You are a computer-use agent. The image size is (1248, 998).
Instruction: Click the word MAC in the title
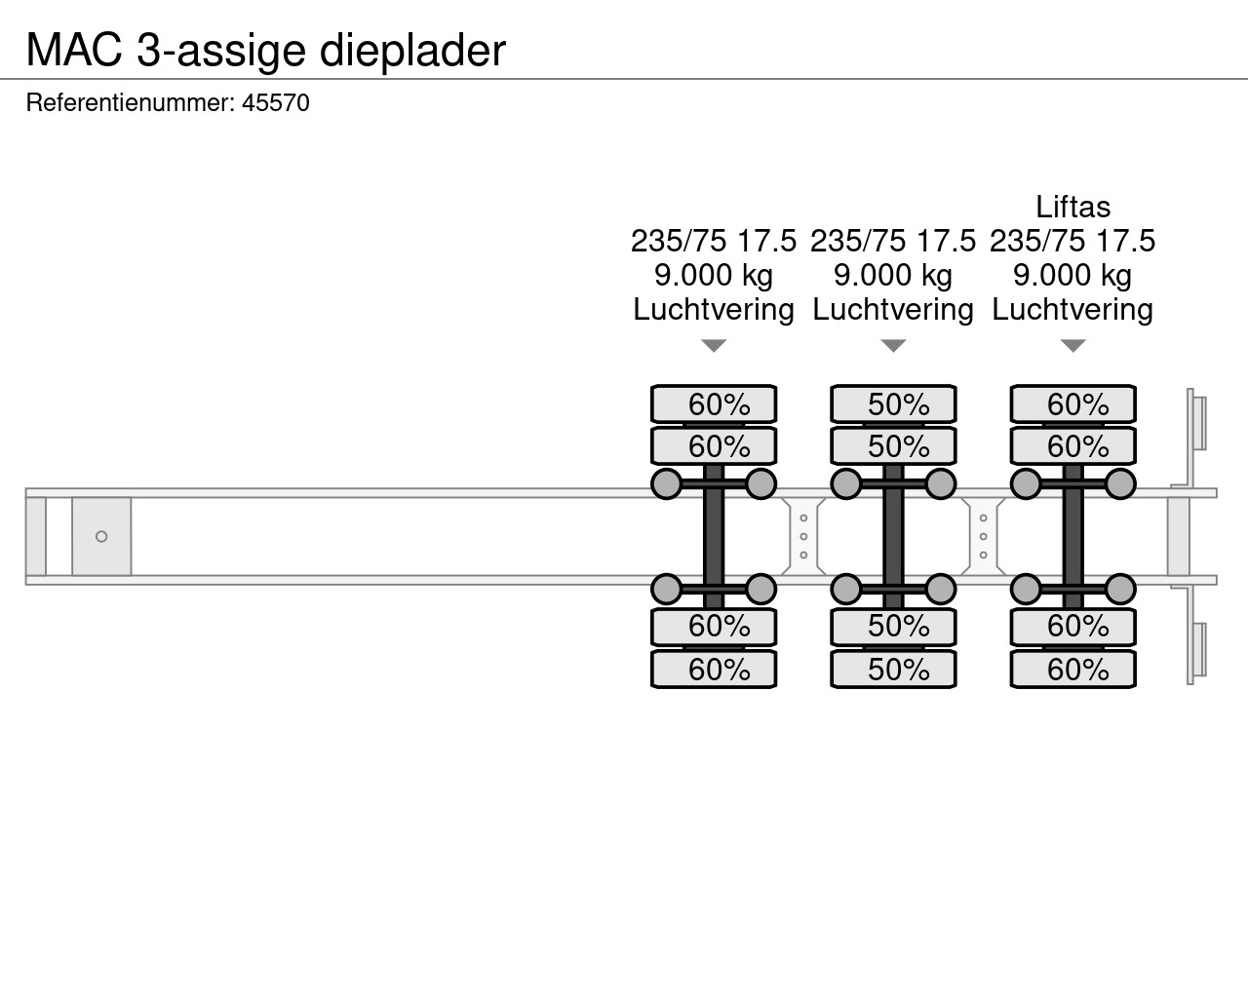click(74, 50)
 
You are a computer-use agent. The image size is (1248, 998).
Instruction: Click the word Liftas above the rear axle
click(1072, 207)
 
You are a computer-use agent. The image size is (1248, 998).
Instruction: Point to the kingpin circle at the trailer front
click(101, 536)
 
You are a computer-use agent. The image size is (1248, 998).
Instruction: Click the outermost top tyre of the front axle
click(714, 403)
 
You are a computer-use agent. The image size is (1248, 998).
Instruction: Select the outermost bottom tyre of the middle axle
click(893, 670)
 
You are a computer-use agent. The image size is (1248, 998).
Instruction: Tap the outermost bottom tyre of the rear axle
click(1072, 670)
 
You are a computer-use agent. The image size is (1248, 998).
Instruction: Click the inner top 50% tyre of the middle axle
click(893, 446)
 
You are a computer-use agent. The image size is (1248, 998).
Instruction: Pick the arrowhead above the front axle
click(714, 346)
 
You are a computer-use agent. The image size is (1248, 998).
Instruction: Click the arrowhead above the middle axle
click(893, 346)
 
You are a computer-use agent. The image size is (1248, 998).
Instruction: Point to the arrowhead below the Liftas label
click(1072, 346)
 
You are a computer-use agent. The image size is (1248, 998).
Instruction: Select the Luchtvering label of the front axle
click(714, 310)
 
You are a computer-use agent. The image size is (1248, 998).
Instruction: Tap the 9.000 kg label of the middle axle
click(893, 275)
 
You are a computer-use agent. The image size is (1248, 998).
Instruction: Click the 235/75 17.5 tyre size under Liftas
click(1072, 241)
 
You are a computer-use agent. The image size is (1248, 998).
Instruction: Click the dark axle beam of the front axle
click(714, 536)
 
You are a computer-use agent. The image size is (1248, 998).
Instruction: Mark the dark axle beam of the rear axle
click(1072, 536)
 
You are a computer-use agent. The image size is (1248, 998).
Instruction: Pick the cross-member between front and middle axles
click(803, 536)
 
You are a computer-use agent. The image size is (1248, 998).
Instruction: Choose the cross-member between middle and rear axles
click(983, 536)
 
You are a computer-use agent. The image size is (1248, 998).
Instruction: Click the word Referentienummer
click(129, 103)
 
